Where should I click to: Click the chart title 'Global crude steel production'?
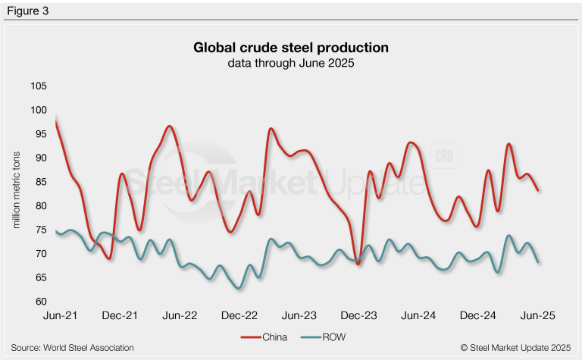tap(291, 48)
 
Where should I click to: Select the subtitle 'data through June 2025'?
tap(291, 64)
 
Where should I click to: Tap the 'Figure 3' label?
tap(26, 11)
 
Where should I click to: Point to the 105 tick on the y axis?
tap(36, 86)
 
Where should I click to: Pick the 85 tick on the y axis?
tap(39, 182)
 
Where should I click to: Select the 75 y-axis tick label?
tap(39, 230)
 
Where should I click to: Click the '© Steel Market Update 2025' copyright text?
tap(515, 348)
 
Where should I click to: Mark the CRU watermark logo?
tap(442, 155)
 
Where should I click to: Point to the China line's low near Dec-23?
tap(358, 264)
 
